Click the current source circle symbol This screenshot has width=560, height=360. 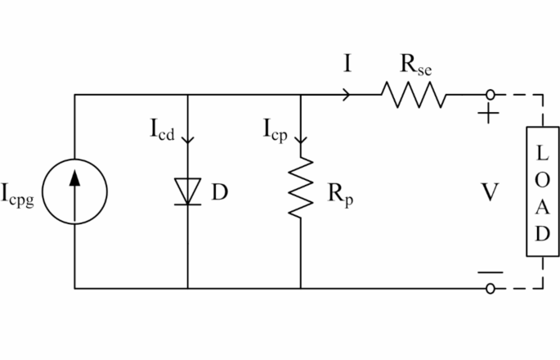74,193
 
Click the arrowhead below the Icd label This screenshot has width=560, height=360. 188,139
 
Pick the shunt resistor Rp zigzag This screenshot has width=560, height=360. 301,188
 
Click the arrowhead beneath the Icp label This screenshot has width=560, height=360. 301,139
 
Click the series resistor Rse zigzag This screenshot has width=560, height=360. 413,95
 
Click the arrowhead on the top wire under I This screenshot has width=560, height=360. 348,95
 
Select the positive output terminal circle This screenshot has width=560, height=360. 490,95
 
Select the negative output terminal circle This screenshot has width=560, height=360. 490,288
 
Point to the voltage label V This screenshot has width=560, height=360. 489,193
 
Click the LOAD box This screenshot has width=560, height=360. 542,192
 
